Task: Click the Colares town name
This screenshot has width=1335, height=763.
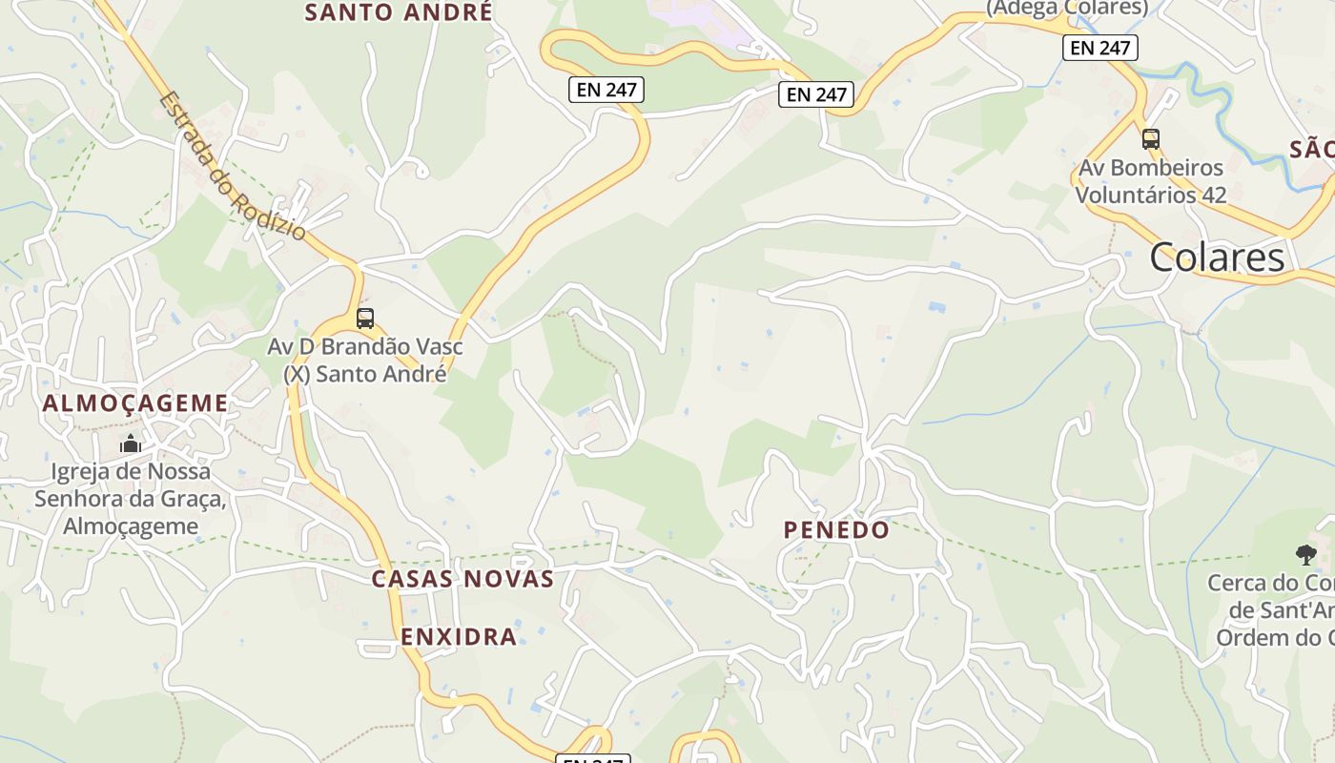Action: (1217, 258)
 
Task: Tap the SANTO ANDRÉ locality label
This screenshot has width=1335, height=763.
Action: (399, 12)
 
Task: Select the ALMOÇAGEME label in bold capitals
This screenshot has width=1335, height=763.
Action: (135, 402)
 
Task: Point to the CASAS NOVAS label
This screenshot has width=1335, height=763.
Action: (462, 579)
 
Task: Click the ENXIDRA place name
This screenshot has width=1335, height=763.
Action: (459, 636)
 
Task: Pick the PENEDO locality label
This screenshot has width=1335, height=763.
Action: (836, 530)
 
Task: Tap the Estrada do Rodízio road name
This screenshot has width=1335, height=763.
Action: (234, 166)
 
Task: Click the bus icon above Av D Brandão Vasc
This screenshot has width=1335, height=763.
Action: (365, 319)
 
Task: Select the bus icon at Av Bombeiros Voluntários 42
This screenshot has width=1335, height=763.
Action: (1151, 139)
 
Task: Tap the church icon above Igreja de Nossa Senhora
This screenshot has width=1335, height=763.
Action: (131, 443)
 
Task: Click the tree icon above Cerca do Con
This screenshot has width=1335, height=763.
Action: (1305, 554)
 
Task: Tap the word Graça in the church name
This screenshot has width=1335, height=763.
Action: (195, 499)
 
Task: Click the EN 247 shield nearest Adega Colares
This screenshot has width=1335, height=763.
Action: (1100, 48)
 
